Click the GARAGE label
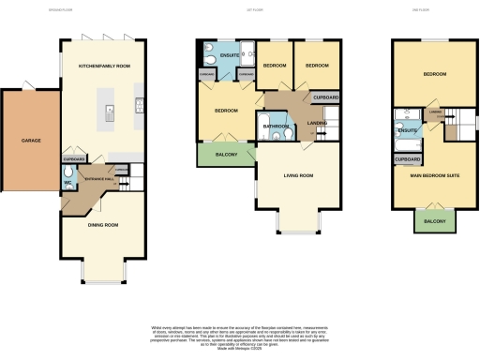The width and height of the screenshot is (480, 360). pyautogui.click(x=31, y=142)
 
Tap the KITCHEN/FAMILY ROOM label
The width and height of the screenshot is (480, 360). pyautogui.click(x=104, y=67)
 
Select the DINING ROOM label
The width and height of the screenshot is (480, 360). pyautogui.click(x=102, y=225)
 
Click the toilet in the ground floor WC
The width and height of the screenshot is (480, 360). pyautogui.click(x=68, y=184)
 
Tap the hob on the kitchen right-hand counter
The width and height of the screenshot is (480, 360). pyautogui.click(x=138, y=105)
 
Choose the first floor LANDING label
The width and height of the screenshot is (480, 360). pyautogui.click(x=316, y=122)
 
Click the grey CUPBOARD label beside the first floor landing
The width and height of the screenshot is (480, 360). pyautogui.click(x=325, y=97)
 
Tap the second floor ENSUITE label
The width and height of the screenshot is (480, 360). pyautogui.click(x=407, y=130)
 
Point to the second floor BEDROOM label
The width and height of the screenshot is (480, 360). pyautogui.click(x=433, y=73)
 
